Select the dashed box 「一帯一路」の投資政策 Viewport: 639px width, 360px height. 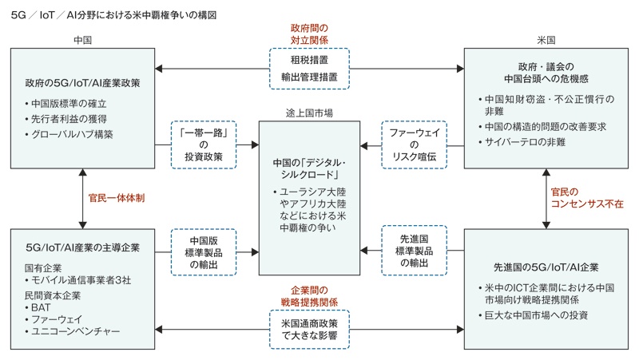pos(204,144)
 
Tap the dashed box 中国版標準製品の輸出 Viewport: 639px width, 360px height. pos(204,251)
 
